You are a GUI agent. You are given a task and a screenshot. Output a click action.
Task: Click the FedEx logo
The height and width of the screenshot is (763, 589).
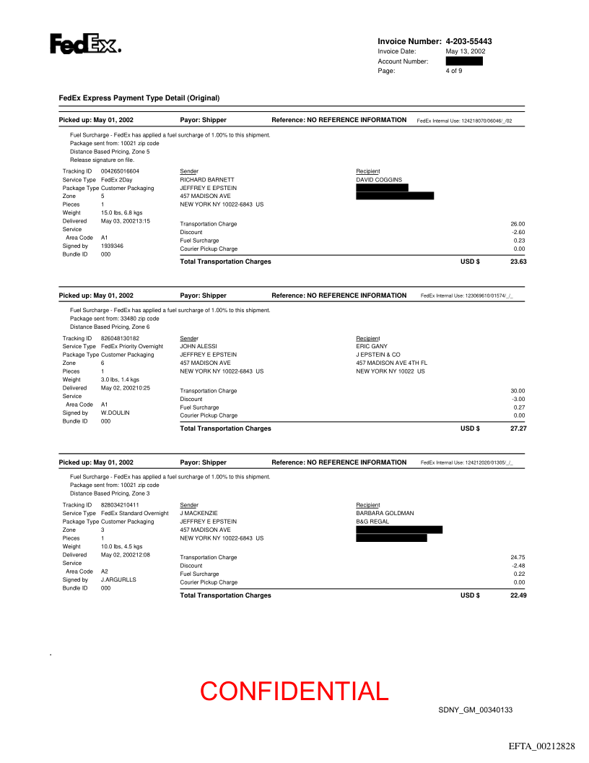(x=84, y=44)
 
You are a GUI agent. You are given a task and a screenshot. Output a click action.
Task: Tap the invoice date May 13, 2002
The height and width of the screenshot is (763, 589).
(x=466, y=51)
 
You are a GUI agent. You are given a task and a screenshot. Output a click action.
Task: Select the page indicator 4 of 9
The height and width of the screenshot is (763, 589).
(x=454, y=71)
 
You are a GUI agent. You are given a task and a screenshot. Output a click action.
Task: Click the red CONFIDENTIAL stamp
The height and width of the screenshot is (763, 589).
(x=294, y=691)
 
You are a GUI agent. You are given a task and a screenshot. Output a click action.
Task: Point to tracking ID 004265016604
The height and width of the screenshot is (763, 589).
(x=120, y=171)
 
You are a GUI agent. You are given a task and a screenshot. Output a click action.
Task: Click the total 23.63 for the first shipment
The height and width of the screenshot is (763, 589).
(x=518, y=262)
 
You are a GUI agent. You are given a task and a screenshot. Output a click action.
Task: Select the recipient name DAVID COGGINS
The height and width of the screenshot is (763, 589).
(x=379, y=179)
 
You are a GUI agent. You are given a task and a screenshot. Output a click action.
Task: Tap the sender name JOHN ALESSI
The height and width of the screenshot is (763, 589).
(x=198, y=346)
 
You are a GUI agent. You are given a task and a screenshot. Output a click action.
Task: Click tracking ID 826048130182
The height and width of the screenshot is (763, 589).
(x=120, y=338)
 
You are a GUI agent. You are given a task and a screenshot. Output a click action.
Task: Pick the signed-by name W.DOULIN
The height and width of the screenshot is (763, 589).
(x=115, y=413)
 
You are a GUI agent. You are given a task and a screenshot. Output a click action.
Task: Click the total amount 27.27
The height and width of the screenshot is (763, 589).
(x=518, y=428)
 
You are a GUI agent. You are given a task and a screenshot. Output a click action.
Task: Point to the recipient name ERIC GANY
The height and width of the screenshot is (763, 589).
(x=372, y=346)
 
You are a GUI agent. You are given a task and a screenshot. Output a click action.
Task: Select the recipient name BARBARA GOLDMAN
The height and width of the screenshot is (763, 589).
(x=385, y=513)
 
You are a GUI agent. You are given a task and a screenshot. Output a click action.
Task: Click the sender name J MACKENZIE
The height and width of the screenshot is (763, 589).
(x=198, y=513)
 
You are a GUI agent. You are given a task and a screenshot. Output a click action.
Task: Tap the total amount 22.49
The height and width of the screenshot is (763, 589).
(x=518, y=595)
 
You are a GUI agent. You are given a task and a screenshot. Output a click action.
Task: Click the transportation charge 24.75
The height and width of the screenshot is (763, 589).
(x=518, y=557)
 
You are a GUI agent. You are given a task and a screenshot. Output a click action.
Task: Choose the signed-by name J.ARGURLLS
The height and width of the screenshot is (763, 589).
(x=118, y=579)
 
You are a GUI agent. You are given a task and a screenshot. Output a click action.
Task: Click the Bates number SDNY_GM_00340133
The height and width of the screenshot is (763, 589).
(x=475, y=710)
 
